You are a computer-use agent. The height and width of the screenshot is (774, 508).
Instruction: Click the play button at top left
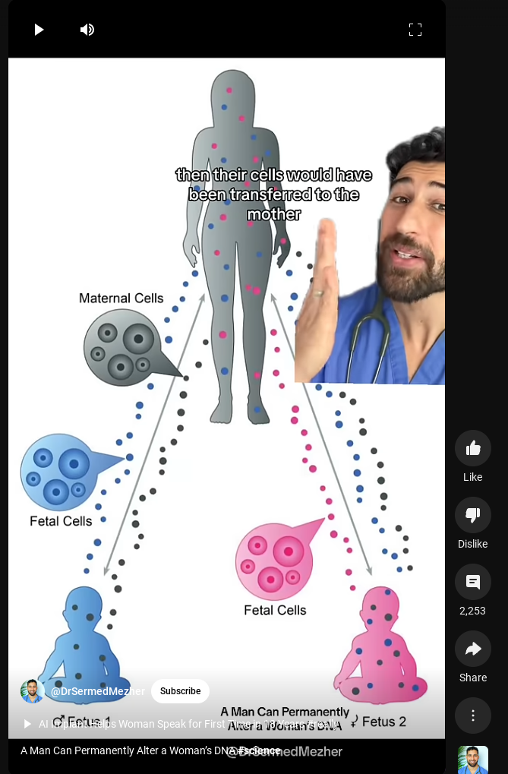point(39,30)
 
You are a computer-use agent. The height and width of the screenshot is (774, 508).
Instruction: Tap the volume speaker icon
point(87,30)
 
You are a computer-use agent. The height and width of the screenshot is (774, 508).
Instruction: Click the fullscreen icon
point(415,30)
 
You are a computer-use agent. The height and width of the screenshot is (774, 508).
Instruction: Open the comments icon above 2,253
point(472,583)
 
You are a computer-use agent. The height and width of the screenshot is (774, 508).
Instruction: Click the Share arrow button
point(472,649)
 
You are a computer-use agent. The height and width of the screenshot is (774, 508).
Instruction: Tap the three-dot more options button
point(472,716)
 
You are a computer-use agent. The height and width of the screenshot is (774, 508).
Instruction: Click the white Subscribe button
point(180,691)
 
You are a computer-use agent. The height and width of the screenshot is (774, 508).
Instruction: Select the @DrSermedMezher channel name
point(98,691)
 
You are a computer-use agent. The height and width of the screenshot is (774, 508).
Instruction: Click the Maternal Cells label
point(121,299)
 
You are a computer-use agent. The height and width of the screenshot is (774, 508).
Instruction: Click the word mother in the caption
point(273,215)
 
